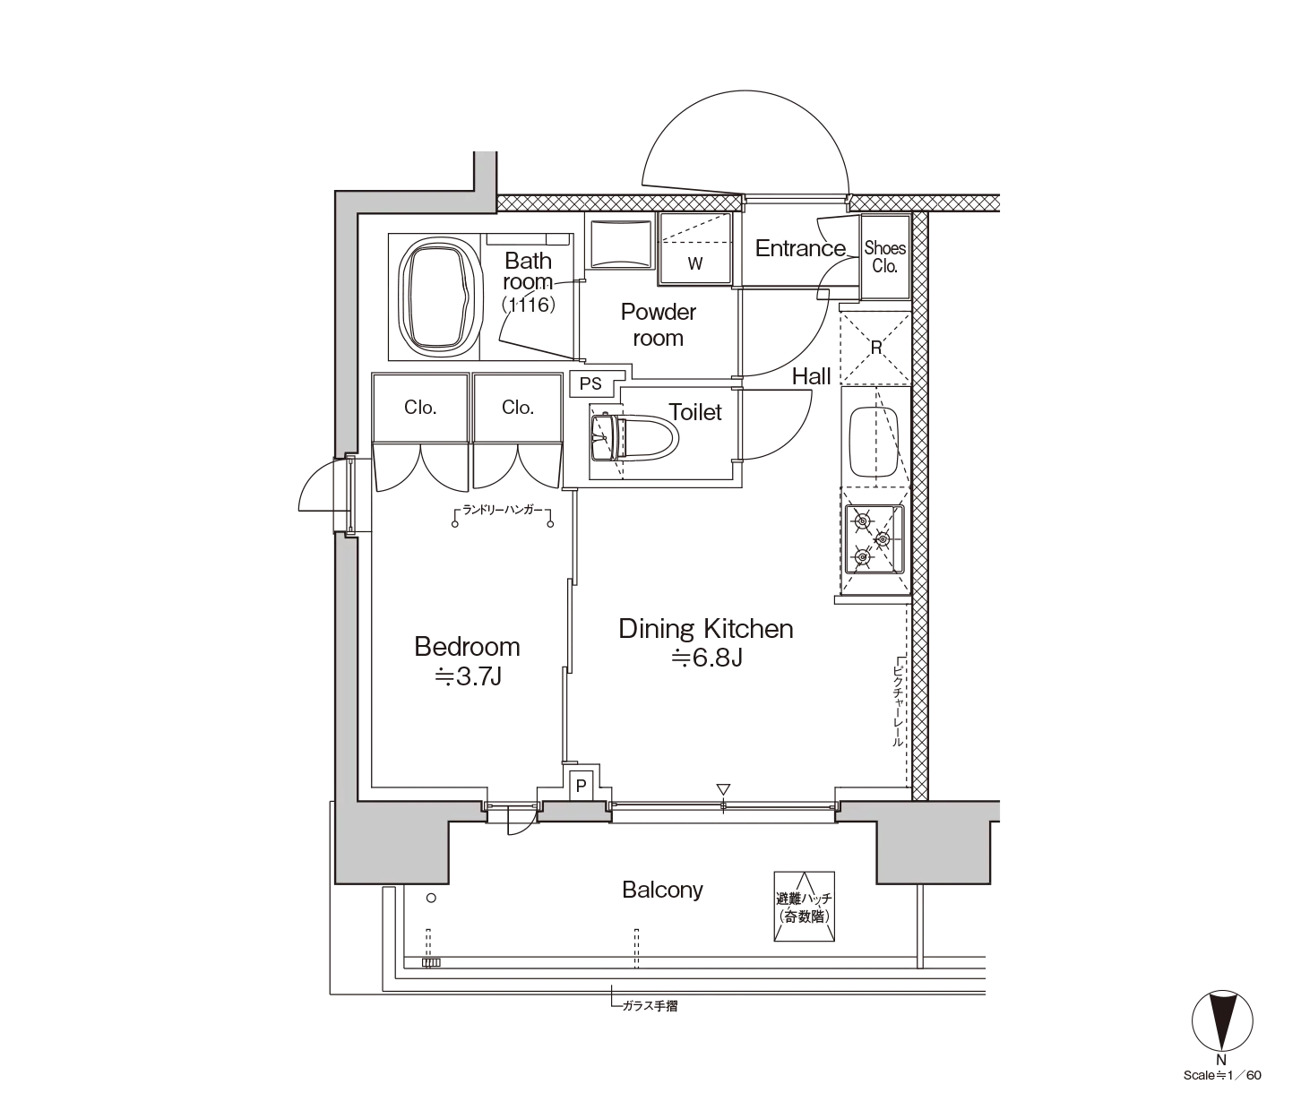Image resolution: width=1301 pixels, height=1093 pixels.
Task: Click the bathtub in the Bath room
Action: tap(442, 297)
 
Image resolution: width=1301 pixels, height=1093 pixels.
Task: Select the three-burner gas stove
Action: tap(875, 539)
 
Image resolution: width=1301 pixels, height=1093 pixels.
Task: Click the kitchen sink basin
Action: tap(874, 442)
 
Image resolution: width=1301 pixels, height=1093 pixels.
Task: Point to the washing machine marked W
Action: tap(694, 249)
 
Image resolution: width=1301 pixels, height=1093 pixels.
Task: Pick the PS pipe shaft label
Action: tap(590, 383)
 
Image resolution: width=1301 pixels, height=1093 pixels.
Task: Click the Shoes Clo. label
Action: tap(884, 257)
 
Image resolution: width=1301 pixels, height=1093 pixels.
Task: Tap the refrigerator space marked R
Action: tap(875, 348)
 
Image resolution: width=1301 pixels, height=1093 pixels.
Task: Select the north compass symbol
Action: tap(1222, 1020)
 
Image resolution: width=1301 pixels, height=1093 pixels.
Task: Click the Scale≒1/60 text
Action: tap(1222, 1075)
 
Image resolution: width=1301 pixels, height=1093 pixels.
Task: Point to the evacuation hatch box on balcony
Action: tap(804, 906)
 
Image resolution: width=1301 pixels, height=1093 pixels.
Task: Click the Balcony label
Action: tap(662, 890)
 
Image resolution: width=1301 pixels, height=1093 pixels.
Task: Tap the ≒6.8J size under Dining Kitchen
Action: tap(707, 658)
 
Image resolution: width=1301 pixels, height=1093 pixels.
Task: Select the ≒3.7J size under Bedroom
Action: tap(468, 676)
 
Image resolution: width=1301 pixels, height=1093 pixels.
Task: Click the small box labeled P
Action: tap(581, 786)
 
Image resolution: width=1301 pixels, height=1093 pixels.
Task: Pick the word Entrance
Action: tap(800, 248)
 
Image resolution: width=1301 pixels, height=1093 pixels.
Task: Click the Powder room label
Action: tap(658, 324)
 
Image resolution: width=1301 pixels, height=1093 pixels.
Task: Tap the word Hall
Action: tap(811, 375)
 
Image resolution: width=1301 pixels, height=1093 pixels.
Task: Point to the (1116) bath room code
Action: tap(529, 304)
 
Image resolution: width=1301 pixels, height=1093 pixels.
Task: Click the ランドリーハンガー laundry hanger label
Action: tap(502, 510)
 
